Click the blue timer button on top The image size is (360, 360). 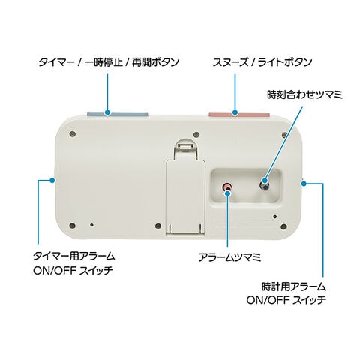pyautogui.click(x=118, y=114)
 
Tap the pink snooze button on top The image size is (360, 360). pyautogui.click(x=239, y=115)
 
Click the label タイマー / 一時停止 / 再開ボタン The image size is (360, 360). pyautogui.click(x=109, y=62)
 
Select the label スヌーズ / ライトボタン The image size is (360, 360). pyautogui.click(x=262, y=62)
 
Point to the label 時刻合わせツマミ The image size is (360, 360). pyautogui.click(x=304, y=95)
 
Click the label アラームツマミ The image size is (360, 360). pyautogui.click(x=229, y=257)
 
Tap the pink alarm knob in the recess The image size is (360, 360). pyautogui.click(x=227, y=187)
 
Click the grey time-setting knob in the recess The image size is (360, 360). pyautogui.click(x=265, y=185)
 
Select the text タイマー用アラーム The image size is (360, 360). pyautogui.click(x=74, y=256)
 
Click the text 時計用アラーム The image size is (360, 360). pyautogui.click(x=294, y=286)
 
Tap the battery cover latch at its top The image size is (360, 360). pyautogui.click(x=185, y=145)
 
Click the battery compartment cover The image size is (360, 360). pyautogui.click(x=185, y=197)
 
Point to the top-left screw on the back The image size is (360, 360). pyautogui.click(x=73, y=134)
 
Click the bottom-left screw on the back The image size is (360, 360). pyautogui.click(x=72, y=226)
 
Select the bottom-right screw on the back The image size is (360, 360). pyautogui.click(x=283, y=226)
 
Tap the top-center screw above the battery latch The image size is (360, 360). pyautogui.click(x=196, y=134)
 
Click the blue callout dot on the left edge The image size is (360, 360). pyautogui.click(x=52, y=180)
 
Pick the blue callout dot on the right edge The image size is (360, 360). pyautogui.click(x=304, y=184)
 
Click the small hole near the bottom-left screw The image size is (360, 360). pyautogui.click(x=92, y=225)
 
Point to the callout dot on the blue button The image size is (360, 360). pyautogui.click(x=107, y=112)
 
